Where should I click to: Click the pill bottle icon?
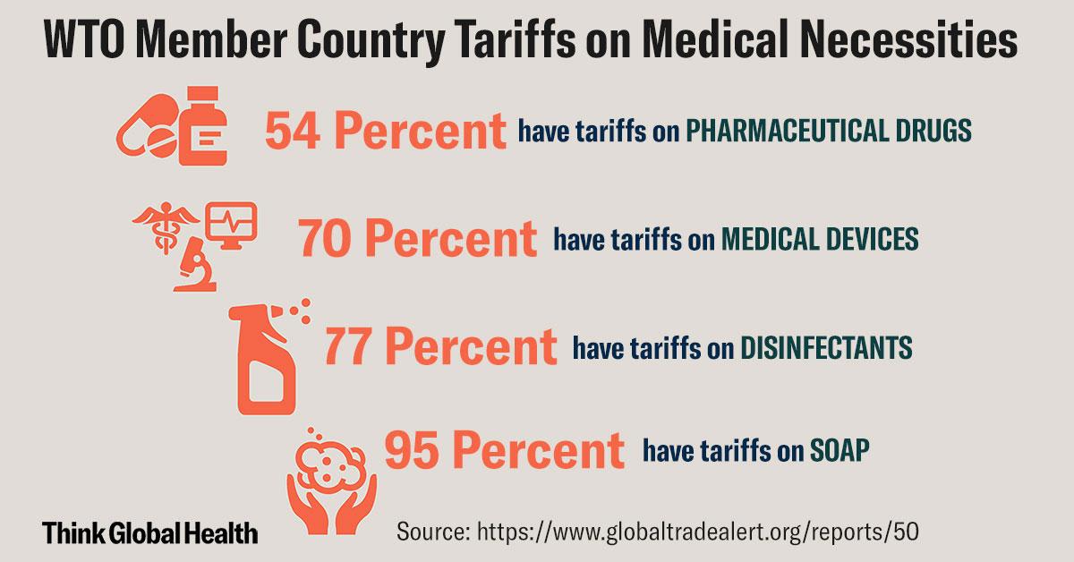click(201, 132)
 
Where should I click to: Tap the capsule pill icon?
click(147, 132)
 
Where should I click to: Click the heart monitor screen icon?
click(231, 224)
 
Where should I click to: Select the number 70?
click(329, 240)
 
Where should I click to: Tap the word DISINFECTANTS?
click(827, 347)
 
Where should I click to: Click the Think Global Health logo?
click(150, 533)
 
